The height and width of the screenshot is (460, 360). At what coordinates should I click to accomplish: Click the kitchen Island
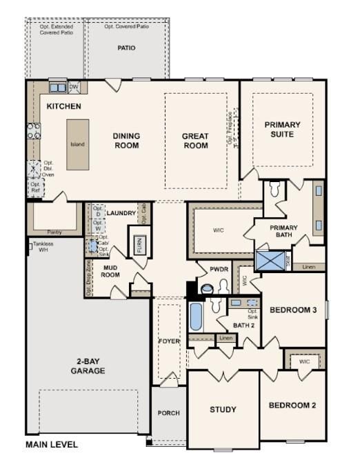click(77, 145)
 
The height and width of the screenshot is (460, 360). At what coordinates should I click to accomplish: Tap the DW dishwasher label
click(74, 87)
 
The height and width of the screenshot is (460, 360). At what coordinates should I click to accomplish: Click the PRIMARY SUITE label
click(283, 129)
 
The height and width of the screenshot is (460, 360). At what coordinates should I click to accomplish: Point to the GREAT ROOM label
click(195, 141)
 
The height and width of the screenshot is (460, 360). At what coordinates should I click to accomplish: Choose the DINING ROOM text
click(126, 141)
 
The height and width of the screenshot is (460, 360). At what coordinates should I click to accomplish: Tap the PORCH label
click(168, 413)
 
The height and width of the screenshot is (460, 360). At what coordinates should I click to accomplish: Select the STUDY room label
click(223, 410)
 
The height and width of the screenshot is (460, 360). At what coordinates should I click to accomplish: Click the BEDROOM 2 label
click(292, 405)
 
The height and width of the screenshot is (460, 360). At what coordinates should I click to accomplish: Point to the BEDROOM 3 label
click(292, 310)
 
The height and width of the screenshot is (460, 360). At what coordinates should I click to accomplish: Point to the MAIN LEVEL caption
click(52, 445)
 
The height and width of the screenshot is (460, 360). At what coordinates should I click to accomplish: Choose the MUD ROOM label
click(112, 270)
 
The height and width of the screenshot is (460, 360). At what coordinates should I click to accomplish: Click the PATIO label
click(126, 48)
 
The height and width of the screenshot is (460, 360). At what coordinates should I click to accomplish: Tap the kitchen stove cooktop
click(33, 130)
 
